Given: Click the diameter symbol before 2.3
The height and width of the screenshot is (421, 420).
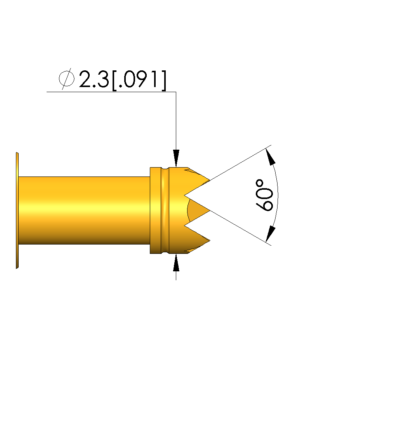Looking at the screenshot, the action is [66, 79].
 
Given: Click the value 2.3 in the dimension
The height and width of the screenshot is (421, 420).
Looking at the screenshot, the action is [94, 79].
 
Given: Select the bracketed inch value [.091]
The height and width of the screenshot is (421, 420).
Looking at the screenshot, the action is [139, 80].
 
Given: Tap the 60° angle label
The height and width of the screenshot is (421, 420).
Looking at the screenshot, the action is [264, 195].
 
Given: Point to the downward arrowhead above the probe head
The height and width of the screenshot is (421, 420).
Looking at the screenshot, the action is [176, 158].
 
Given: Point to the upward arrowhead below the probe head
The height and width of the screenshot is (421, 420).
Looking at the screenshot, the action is [176, 262].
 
